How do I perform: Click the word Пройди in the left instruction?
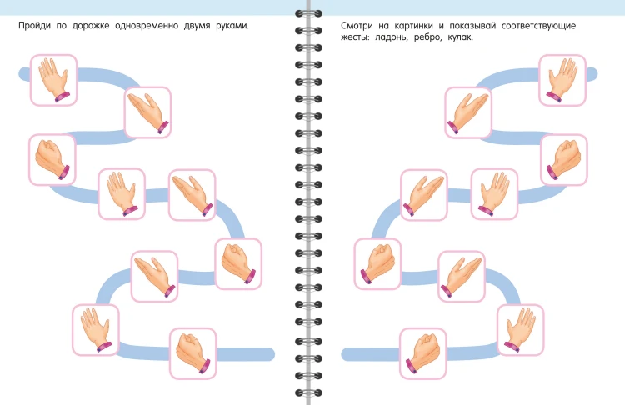(x=35, y=26)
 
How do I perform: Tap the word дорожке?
(x=91, y=26)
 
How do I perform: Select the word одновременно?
(x=147, y=26)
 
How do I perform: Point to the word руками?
(x=232, y=26)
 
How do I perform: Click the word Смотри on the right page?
(x=357, y=26)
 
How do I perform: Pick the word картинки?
(x=413, y=26)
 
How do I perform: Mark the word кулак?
(x=460, y=37)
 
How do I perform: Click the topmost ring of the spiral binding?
(x=308, y=13)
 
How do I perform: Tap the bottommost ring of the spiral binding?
(x=308, y=393)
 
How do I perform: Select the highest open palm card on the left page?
(x=54, y=80)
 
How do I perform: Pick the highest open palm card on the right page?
(x=562, y=80)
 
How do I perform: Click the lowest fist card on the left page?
(x=193, y=353)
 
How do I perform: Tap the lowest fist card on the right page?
(x=422, y=353)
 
